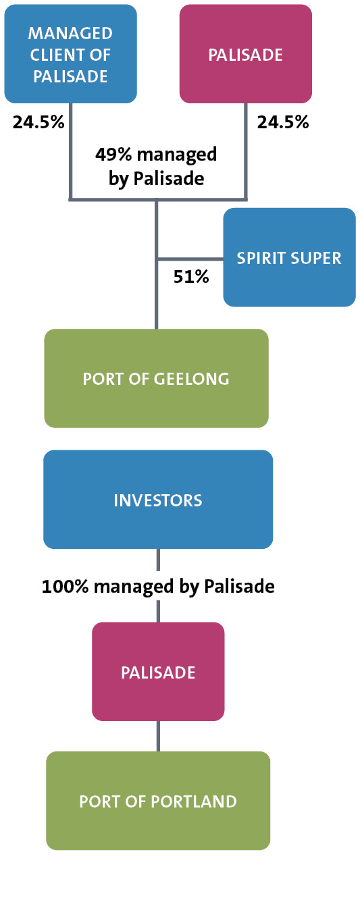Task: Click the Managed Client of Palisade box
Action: click(x=70, y=54)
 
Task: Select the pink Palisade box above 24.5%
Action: click(x=245, y=54)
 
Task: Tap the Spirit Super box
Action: click(x=289, y=257)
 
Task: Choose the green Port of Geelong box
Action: click(x=156, y=378)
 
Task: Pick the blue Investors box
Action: click(x=157, y=500)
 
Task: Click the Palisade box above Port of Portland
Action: click(x=158, y=672)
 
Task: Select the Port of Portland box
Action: click(x=158, y=801)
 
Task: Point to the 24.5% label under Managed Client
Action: click(x=38, y=122)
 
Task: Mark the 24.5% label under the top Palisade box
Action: click(x=283, y=122)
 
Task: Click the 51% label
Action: click(x=191, y=277)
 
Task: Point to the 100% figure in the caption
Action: click(x=66, y=586)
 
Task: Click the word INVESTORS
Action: click(x=157, y=500)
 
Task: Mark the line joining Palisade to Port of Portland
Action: click(x=158, y=736)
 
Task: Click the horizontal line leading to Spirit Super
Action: click(x=190, y=259)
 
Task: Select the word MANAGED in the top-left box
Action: click(x=70, y=33)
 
